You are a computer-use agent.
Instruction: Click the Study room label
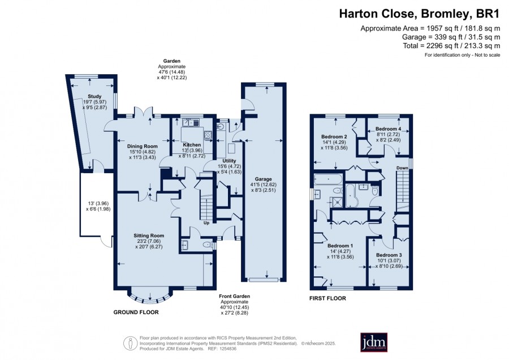coord(94,96)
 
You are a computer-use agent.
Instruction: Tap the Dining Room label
coord(142,146)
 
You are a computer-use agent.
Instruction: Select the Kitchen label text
coord(192,144)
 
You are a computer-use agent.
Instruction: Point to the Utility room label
coord(229,161)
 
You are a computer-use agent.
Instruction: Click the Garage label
coord(263,179)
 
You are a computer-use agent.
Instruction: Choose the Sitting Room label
coord(149,235)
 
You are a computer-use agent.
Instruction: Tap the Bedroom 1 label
coord(340,246)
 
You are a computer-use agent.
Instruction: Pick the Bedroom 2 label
coord(334,136)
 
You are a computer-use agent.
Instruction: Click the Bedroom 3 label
coord(389,255)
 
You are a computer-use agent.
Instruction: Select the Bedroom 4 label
coord(388,128)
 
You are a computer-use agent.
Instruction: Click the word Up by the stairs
coord(206,223)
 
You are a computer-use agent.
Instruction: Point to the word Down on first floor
coord(402,168)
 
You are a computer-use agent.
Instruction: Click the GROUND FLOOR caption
coord(136,312)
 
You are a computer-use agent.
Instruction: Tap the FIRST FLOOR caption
coord(327,298)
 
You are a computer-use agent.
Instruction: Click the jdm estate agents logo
coord(374,342)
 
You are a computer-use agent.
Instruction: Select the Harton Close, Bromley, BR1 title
coord(419,14)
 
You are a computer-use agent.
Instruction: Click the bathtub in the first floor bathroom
coord(328,179)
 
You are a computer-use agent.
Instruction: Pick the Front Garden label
coord(234,296)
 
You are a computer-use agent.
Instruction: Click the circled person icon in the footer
coord(130,343)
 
